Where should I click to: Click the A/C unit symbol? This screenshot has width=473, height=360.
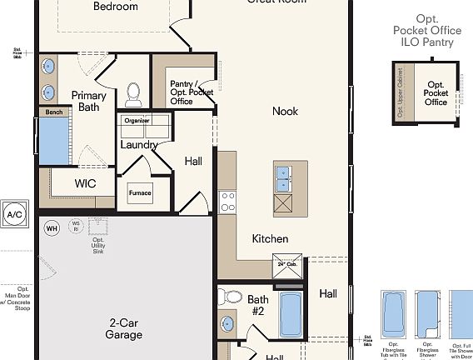(x=15, y=214)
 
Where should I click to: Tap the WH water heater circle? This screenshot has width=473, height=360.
(x=52, y=227)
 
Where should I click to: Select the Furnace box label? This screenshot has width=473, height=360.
(x=140, y=192)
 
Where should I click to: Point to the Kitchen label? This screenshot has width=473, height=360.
(x=271, y=239)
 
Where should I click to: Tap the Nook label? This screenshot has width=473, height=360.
(x=285, y=111)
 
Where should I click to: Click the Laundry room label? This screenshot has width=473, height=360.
(x=139, y=145)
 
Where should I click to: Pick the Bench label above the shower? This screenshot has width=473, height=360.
(x=54, y=112)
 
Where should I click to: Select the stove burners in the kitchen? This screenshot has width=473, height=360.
(x=227, y=202)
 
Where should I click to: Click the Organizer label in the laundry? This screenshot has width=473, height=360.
(x=137, y=120)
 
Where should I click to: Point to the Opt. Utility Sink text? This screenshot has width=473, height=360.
(x=98, y=246)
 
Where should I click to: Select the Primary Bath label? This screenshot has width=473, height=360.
(x=87, y=101)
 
